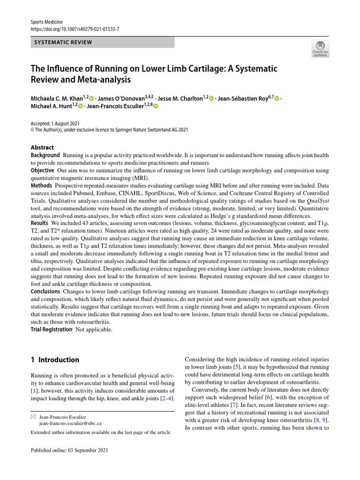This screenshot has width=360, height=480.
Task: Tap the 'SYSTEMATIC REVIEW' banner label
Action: click(x=63, y=43)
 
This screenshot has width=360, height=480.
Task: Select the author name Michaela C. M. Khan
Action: click(x=56, y=98)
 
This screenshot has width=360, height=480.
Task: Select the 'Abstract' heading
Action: click(x=42, y=147)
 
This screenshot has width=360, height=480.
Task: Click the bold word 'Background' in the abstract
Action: click(x=45, y=155)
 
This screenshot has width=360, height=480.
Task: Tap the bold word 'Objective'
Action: click(x=42, y=170)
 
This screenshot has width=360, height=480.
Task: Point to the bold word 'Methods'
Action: click(x=41, y=186)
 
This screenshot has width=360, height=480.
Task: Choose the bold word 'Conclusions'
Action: click(x=46, y=291)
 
